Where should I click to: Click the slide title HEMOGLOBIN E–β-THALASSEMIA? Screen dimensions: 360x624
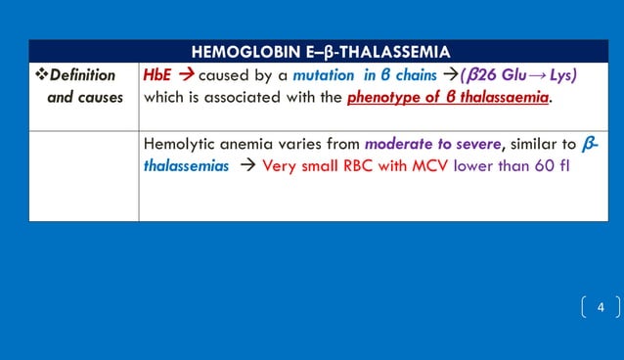[x=321, y=52]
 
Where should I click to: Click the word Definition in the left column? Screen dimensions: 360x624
[x=82, y=75]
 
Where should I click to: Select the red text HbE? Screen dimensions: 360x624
[x=158, y=75]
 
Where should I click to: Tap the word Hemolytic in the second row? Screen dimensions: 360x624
[x=179, y=144]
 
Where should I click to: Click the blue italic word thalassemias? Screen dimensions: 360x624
[x=186, y=165]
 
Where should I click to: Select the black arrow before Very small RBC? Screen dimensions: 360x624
[x=246, y=165]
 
